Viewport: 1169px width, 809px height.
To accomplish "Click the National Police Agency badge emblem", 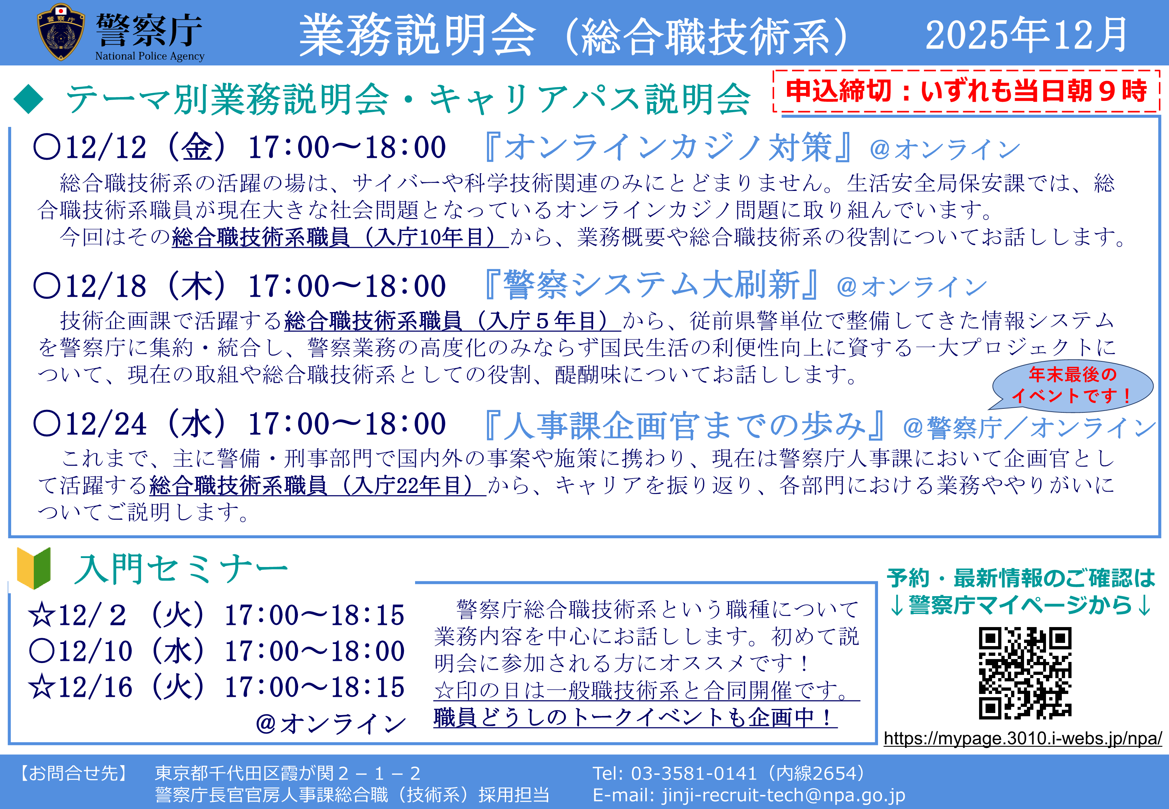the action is tap(61, 32).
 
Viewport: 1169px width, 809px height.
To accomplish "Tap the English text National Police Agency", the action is tap(150, 56).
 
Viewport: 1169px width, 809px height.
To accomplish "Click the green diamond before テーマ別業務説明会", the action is tap(29, 99).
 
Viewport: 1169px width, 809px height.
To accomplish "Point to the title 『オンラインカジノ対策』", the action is tap(668, 147).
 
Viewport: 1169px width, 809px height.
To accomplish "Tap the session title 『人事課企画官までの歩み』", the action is tap(685, 425).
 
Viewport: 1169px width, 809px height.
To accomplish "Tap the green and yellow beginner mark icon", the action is tap(33, 568).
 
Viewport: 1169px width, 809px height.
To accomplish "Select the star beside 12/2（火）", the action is tap(42, 615).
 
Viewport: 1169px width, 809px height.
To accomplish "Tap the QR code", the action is tap(1025, 673).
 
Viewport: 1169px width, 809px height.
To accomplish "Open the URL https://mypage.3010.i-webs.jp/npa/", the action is tap(1023, 739).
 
